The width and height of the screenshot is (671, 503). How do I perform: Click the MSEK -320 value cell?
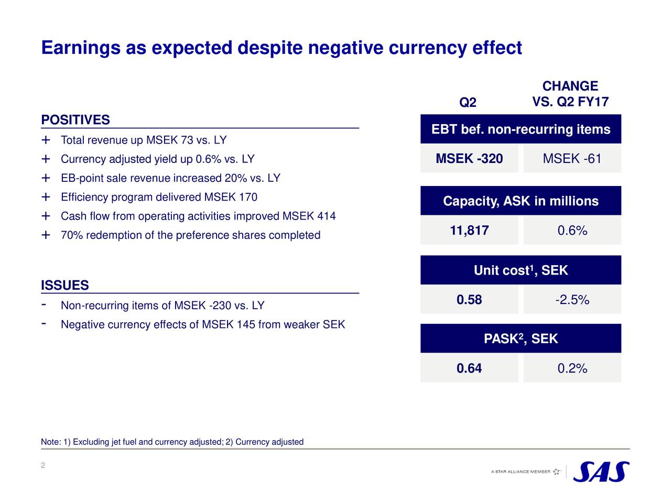(469, 158)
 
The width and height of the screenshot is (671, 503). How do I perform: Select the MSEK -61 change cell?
(572, 158)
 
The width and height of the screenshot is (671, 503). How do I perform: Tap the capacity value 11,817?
(469, 231)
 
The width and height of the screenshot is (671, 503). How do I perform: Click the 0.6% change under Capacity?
(572, 231)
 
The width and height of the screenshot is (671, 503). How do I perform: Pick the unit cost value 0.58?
(469, 300)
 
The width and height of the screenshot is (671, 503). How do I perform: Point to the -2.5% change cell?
(572, 300)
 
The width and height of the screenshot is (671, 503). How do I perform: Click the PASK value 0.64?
(469, 368)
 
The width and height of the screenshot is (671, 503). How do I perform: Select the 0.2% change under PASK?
(572, 368)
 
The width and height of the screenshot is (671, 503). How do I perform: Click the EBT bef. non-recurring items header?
(521, 129)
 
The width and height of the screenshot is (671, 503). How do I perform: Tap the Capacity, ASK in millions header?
(521, 201)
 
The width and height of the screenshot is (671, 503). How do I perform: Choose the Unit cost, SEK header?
(521, 270)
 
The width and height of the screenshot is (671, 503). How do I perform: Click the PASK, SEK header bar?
(521, 339)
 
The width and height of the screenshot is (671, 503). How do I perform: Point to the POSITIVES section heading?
(75, 120)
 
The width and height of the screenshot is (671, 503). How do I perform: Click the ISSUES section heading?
(65, 286)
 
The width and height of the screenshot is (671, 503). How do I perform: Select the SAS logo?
(601, 472)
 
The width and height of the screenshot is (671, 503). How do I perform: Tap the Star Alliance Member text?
(521, 472)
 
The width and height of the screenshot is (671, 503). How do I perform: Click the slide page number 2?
(43, 466)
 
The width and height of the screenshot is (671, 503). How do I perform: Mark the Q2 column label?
(468, 102)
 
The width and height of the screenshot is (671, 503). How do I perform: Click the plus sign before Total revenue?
(46, 140)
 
